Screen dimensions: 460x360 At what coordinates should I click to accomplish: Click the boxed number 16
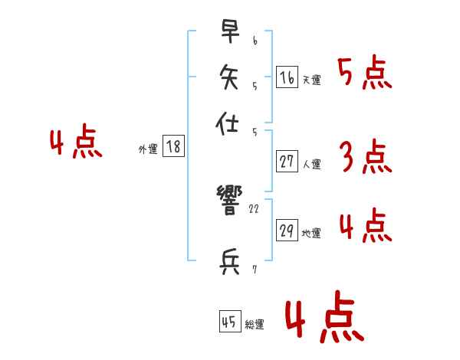[x=287, y=77]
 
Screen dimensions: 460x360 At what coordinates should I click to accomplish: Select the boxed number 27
[x=287, y=162]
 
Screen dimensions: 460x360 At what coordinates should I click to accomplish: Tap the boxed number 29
[x=287, y=231]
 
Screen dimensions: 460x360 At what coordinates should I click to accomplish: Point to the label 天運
[x=311, y=80]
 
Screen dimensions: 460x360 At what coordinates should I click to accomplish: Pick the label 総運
[x=255, y=325]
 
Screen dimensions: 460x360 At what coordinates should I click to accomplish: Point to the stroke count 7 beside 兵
[x=255, y=270]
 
